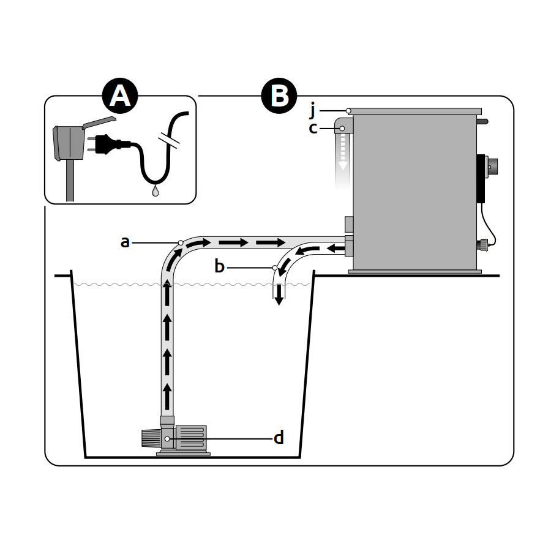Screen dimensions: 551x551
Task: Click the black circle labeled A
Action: click(120, 96)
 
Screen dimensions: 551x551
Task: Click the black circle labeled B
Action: click(279, 96)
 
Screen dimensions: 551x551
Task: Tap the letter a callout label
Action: click(125, 242)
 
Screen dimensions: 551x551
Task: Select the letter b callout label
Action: click(220, 267)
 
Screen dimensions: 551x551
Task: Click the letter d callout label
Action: click(279, 438)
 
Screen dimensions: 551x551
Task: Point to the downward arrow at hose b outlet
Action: click(279, 296)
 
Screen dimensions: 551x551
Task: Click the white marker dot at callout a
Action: click(181, 242)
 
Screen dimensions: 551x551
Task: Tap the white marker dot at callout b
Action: click(275, 268)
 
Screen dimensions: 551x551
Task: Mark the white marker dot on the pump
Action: click(167, 438)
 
